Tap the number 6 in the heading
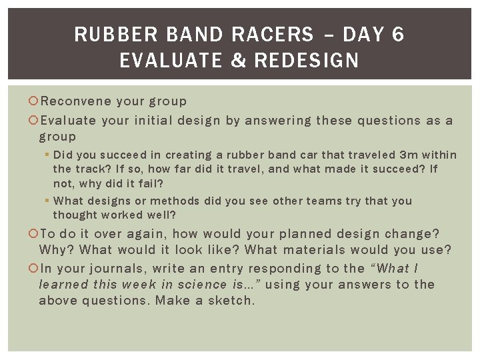tap(398, 35)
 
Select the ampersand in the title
tap(237, 61)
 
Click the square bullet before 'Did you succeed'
tap(47, 155)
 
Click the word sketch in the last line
tap(232, 301)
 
